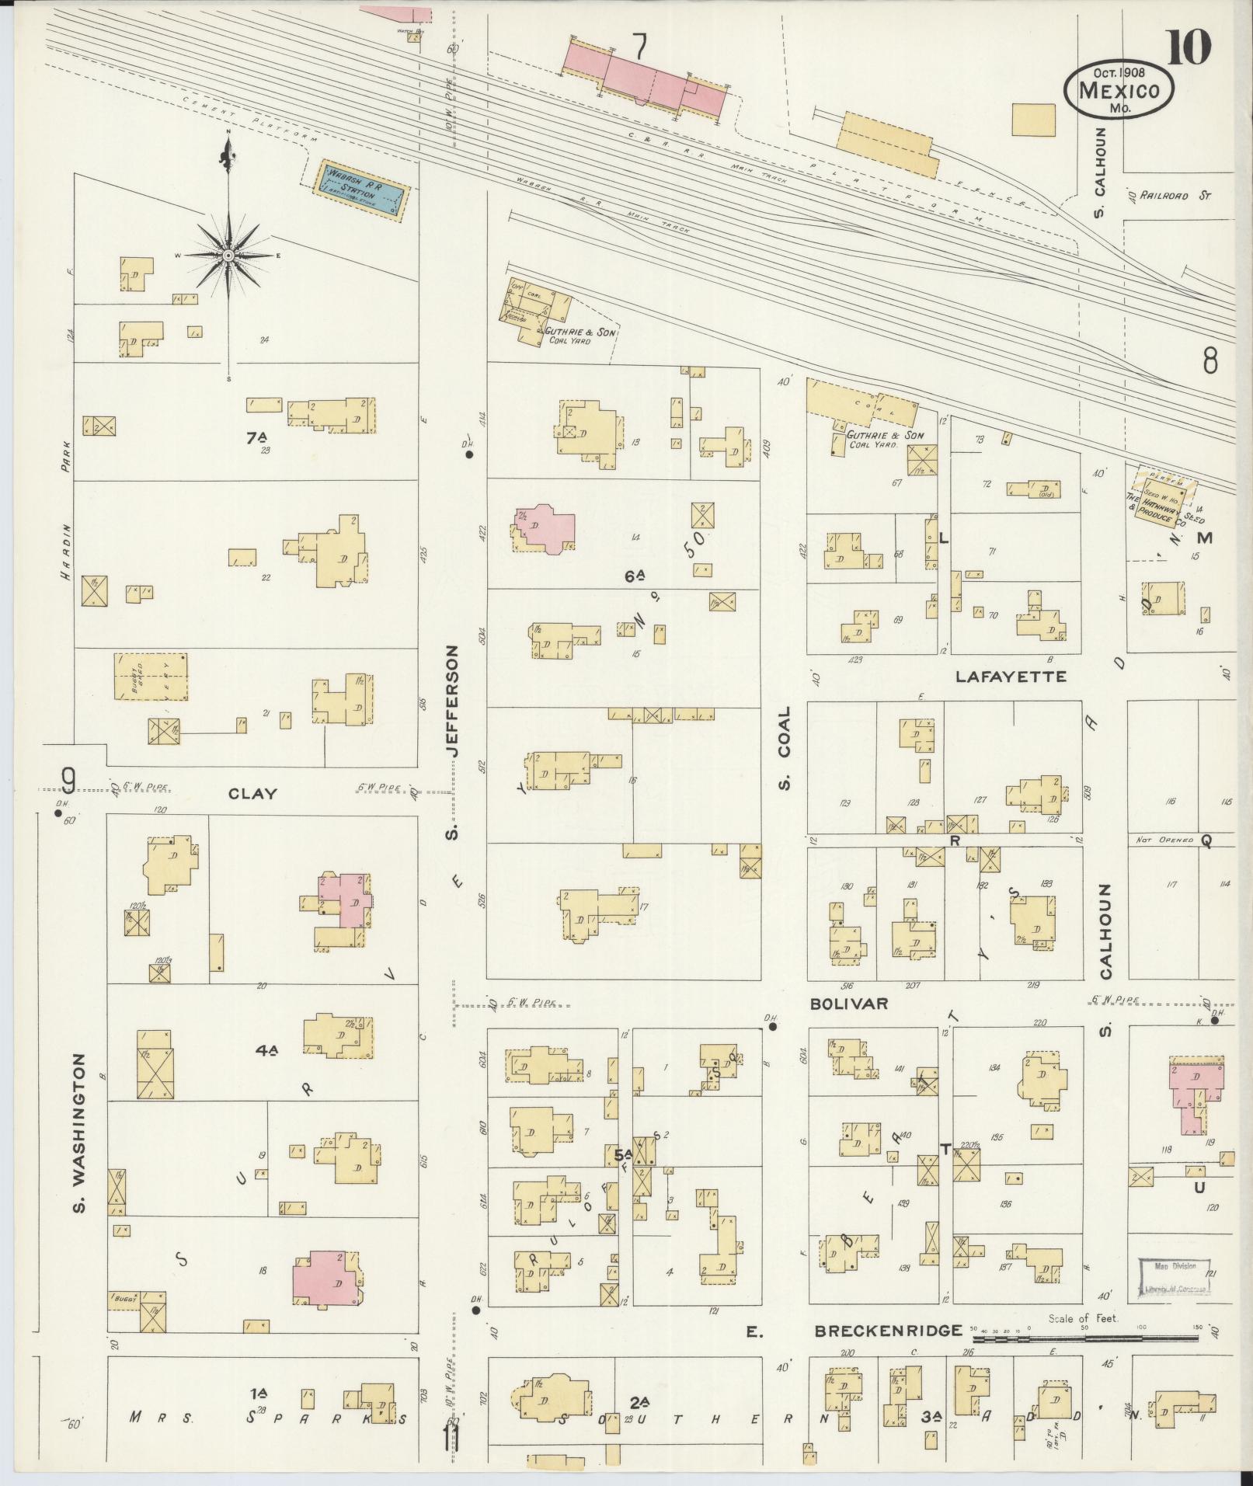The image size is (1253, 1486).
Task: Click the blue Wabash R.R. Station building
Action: (x=360, y=191)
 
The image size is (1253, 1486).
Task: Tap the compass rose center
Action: (x=228, y=256)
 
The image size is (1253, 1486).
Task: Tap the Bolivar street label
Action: (x=848, y=1004)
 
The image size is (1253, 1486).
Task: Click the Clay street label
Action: (x=252, y=793)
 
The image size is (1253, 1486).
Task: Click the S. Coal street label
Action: (x=784, y=746)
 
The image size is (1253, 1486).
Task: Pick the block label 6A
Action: (x=635, y=576)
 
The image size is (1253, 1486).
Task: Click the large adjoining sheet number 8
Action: (x=1209, y=360)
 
